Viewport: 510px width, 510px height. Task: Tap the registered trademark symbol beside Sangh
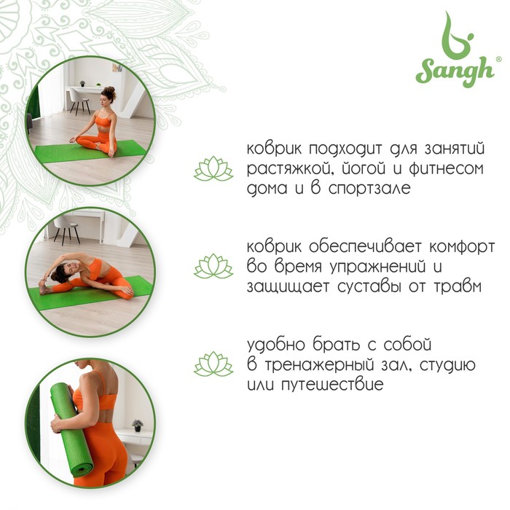click(498, 58)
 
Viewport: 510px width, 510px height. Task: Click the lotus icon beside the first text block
click(213, 168)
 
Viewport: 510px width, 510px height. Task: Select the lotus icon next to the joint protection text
click(213, 266)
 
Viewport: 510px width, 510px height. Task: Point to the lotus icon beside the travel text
click(213, 364)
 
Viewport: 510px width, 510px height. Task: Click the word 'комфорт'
click(462, 247)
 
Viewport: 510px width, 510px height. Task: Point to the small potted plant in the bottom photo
click(138, 425)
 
